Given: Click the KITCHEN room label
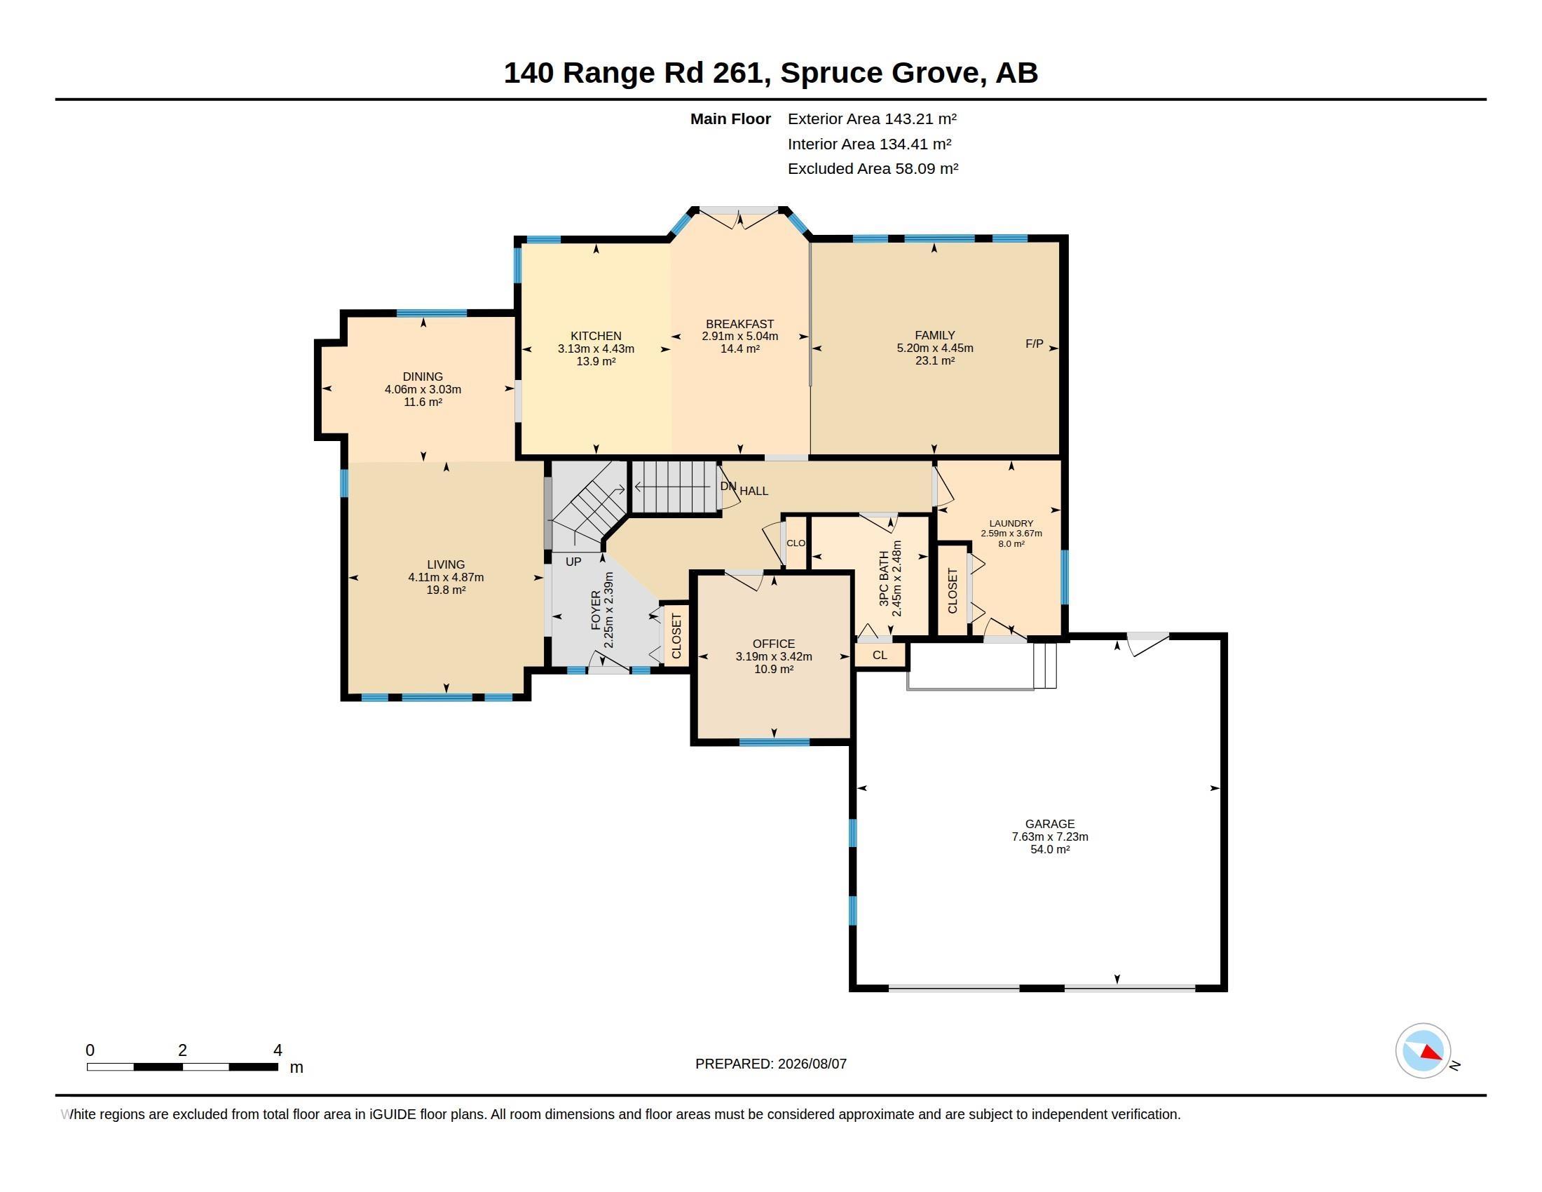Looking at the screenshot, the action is click(x=596, y=336).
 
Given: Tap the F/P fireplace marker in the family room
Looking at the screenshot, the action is click(x=1035, y=344).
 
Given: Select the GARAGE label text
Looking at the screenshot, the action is click(x=1050, y=824).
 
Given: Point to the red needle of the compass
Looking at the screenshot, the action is click(x=1431, y=1053).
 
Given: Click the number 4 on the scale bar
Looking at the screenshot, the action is click(x=278, y=1050).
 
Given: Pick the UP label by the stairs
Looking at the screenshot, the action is click(x=573, y=562).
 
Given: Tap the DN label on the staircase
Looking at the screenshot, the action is click(x=728, y=487).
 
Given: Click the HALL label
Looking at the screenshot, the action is click(x=754, y=491).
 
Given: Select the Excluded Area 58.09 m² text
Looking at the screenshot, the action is click(x=873, y=169).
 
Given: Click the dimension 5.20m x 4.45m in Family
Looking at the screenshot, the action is click(x=935, y=348).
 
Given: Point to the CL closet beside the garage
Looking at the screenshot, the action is click(x=880, y=656).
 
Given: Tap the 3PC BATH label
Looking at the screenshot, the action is click(x=884, y=578).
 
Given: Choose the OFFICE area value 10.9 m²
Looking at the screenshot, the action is click(x=774, y=670).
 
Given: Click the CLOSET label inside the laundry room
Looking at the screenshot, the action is click(x=953, y=590).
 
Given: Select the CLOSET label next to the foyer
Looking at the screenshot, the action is click(x=676, y=636).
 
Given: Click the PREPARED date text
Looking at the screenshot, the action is click(x=771, y=1064).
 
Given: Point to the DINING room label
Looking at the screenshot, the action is click(x=423, y=377).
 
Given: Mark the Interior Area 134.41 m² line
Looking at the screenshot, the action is click(x=869, y=144).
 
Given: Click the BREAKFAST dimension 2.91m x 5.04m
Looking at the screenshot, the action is click(x=740, y=337).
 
